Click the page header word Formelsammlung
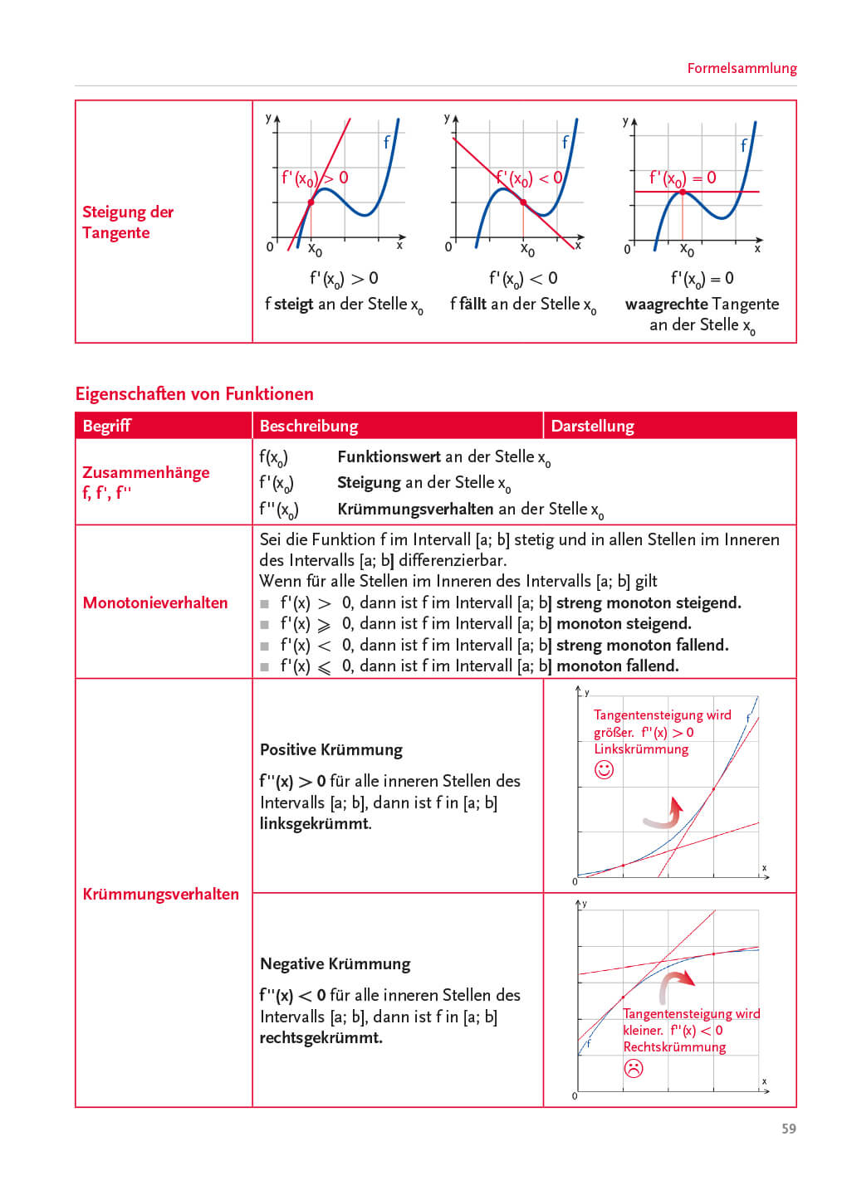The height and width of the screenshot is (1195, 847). coord(742,68)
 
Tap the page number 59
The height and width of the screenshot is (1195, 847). coord(788,1129)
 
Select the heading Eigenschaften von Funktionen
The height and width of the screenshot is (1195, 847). coord(194,393)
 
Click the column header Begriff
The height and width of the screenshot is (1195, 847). coord(107,426)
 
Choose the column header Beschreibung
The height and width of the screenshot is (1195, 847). coord(309,426)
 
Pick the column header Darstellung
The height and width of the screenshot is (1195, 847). coord(592,426)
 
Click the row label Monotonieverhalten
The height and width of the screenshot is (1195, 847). coord(155,602)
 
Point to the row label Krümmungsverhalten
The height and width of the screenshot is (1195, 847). coord(160,894)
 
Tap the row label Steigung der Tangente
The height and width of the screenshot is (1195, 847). coord(127,222)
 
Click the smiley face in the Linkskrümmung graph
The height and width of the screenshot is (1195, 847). coord(605,770)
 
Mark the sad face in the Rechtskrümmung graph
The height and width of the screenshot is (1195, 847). coord(634,1068)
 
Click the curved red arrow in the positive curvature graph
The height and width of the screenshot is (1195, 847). coord(667,815)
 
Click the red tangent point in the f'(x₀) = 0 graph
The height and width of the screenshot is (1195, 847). coord(683,192)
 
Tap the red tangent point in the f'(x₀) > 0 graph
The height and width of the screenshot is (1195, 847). coord(311,202)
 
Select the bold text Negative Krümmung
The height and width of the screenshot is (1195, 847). coord(335,963)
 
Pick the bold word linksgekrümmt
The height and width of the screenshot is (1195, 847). coord(315,823)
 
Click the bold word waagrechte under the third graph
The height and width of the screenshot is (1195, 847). coord(666,304)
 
